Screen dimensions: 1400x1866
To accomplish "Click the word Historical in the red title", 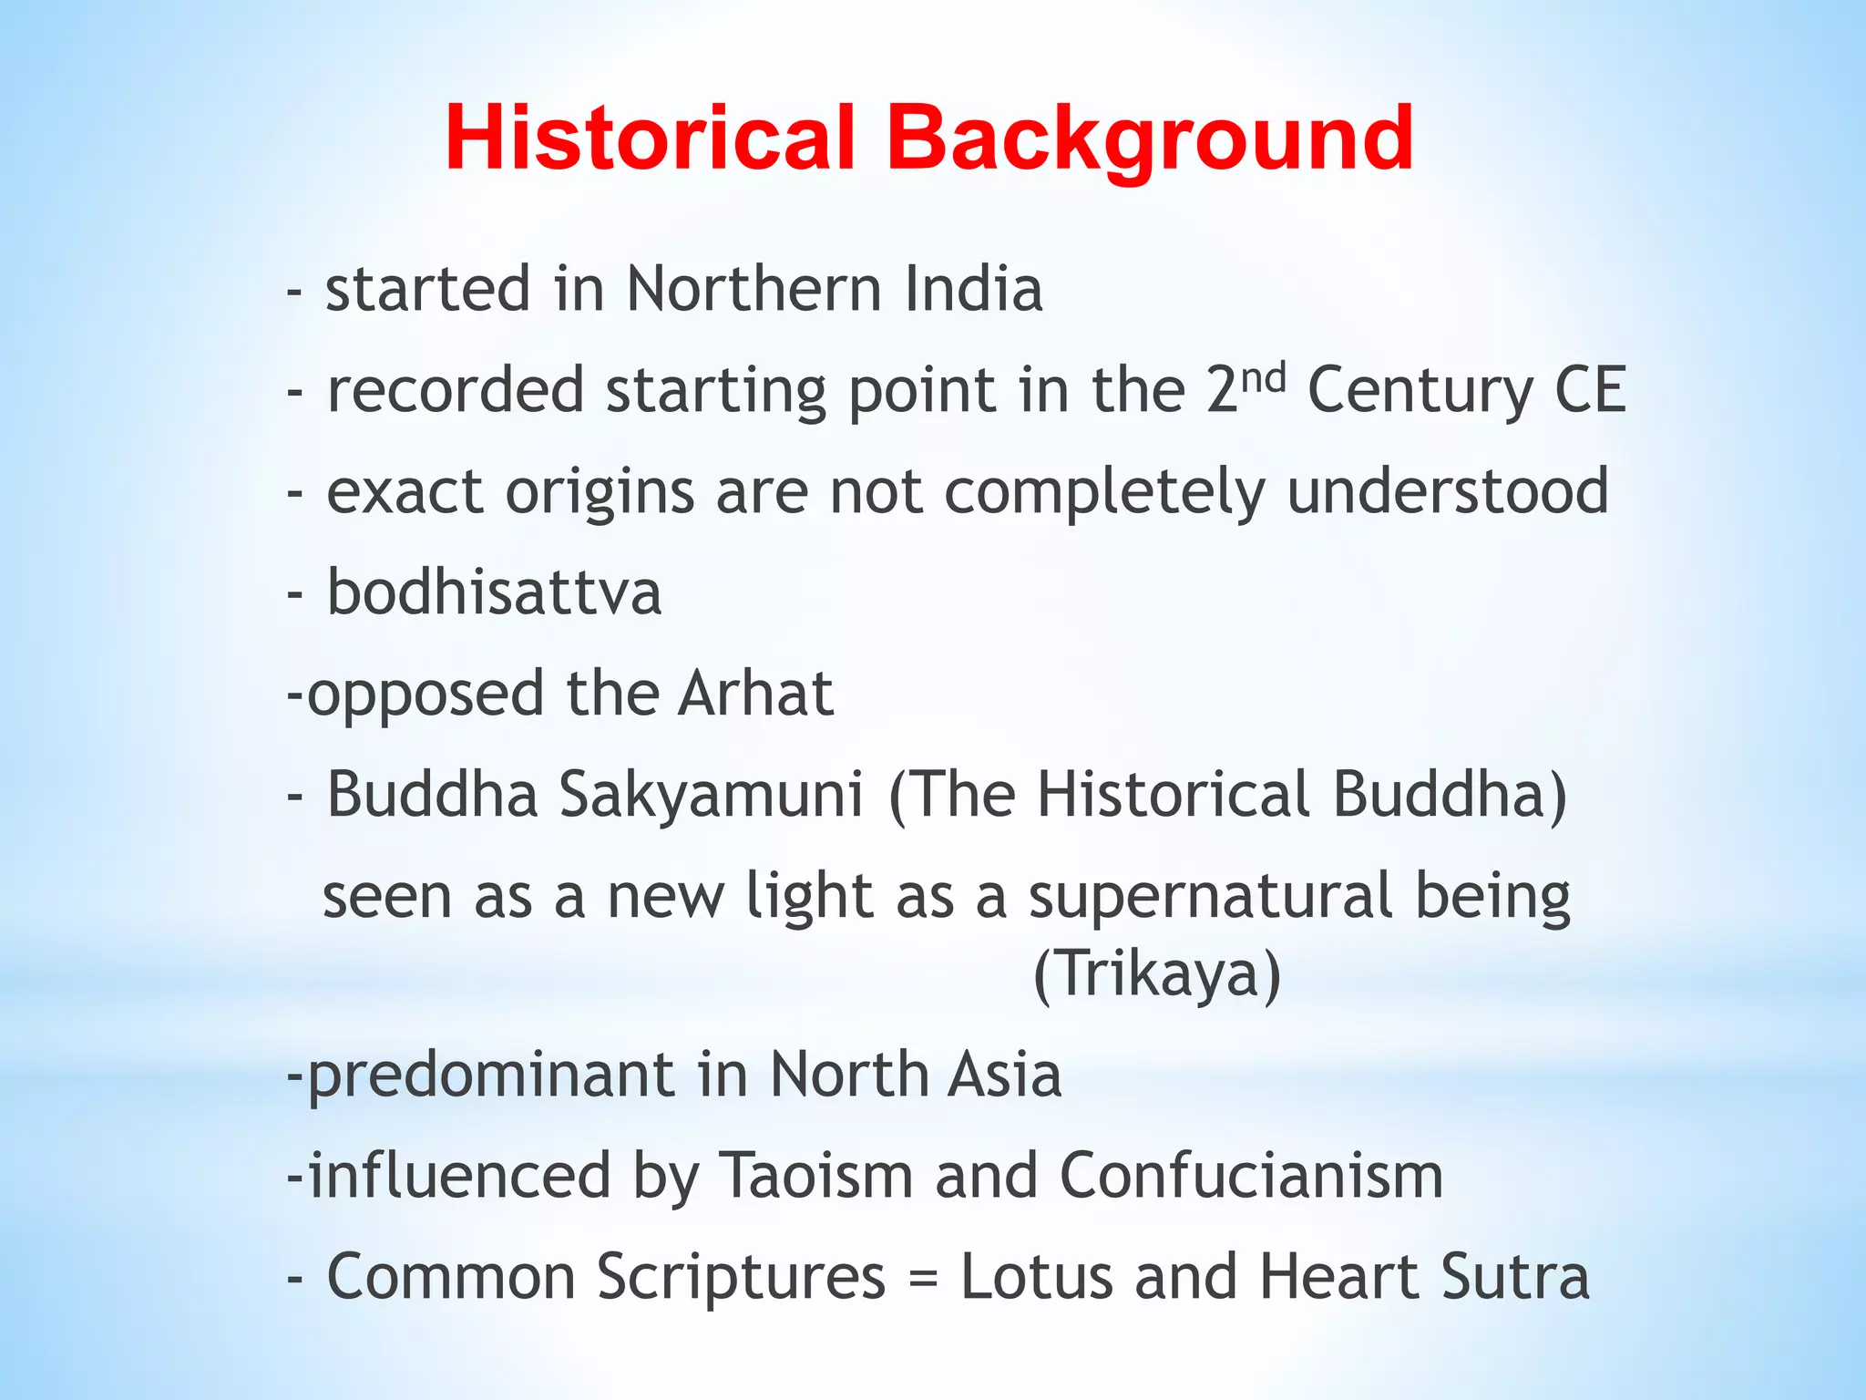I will tap(650, 139).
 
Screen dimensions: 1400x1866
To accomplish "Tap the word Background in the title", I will tap(1150, 139).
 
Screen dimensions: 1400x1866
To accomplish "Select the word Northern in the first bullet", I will tap(754, 290).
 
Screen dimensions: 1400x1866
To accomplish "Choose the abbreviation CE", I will tap(1590, 390).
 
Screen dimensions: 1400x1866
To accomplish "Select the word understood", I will tap(1448, 492).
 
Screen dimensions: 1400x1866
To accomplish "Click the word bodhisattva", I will tap(494, 593).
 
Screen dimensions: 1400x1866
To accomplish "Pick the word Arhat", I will tap(755, 695).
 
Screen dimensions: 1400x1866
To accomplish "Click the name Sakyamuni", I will tap(711, 796).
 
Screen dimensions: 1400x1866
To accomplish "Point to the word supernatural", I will tap(1211, 896).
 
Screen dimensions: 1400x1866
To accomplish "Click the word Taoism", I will tap(816, 1177).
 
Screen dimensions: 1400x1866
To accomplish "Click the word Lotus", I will tap(1037, 1277).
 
